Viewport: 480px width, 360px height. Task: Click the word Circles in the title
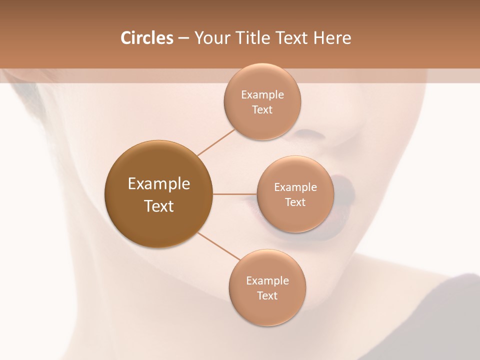coord(146,38)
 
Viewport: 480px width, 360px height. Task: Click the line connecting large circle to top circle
coord(216,142)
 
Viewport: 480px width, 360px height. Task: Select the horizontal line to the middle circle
coord(234,193)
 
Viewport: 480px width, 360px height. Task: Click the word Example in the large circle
coord(158,184)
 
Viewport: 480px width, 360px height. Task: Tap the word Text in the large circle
coord(158,206)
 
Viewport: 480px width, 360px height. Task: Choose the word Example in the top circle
coord(262,95)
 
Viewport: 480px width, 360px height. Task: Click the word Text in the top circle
coord(262,110)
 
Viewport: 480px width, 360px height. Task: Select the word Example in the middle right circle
coord(295,187)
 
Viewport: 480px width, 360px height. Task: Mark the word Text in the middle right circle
coord(295,202)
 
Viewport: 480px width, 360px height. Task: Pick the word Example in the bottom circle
coord(267,281)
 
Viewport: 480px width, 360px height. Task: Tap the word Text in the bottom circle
coord(267,296)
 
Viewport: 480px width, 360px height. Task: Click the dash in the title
coord(183,38)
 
